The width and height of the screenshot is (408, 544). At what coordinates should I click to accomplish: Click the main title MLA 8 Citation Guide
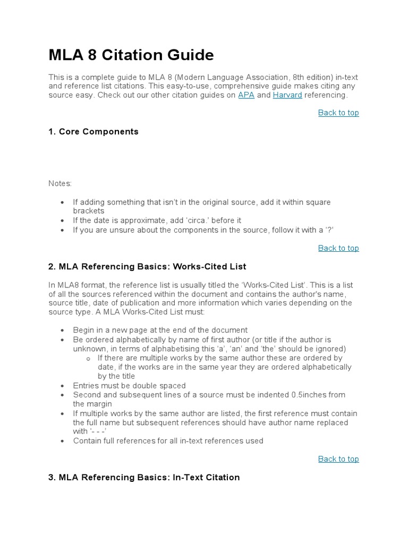point(131,55)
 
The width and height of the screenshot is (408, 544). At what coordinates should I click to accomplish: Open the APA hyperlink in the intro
point(246,95)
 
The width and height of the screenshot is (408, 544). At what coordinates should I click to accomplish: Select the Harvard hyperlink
point(287,95)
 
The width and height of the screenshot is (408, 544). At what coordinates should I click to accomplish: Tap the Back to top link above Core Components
point(338,113)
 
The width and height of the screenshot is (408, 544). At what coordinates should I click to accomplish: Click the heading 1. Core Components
point(93,132)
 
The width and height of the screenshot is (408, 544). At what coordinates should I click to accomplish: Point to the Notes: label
point(60,183)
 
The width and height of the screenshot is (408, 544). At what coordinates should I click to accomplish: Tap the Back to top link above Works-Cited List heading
point(338,248)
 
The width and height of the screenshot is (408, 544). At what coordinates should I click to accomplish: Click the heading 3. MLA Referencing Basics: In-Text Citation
point(144,478)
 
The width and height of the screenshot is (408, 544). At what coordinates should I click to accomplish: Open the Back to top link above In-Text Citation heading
point(338,459)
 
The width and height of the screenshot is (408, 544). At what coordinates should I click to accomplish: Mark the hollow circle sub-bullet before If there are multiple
point(88,358)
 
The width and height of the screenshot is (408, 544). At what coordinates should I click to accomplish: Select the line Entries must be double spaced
point(129,386)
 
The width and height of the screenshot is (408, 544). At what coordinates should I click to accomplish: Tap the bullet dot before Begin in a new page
point(63,330)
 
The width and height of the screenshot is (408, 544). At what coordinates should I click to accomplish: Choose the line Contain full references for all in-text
point(168,441)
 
